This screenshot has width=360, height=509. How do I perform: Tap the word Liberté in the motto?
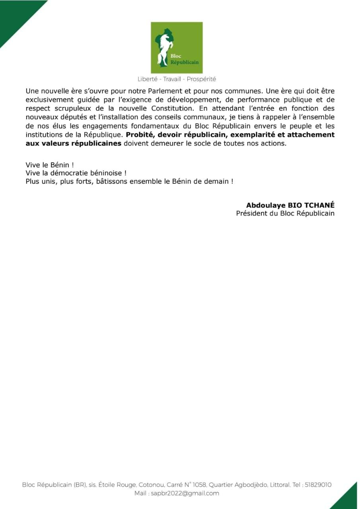(147, 79)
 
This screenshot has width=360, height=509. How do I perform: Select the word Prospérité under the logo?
(201, 79)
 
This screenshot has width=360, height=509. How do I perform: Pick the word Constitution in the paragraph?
(186, 108)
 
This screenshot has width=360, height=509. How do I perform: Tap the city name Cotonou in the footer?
(150, 485)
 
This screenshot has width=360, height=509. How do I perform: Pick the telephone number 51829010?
(318, 485)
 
